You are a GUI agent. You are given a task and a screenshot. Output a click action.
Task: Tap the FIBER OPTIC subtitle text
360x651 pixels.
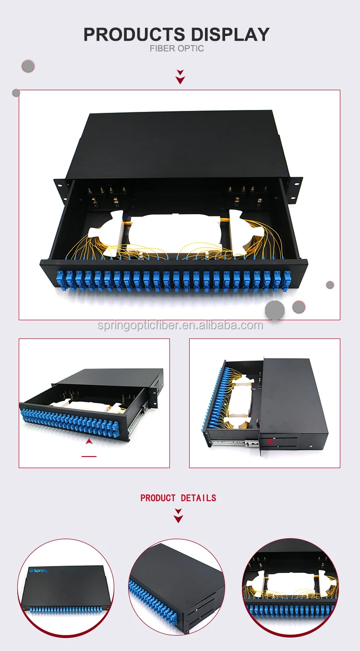(177, 48)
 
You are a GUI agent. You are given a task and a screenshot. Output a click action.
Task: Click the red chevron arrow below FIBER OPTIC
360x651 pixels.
(180, 77)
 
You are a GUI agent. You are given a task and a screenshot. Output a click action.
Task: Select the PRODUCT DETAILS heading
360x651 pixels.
(178, 498)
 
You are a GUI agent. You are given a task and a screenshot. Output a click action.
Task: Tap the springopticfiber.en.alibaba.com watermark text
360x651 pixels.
(180, 325)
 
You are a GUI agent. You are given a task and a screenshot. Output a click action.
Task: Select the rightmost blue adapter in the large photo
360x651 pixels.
(287, 278)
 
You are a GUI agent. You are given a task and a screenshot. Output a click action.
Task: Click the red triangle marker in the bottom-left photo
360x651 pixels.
(89, 441)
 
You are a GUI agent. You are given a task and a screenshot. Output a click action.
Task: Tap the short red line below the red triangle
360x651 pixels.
(89, 456)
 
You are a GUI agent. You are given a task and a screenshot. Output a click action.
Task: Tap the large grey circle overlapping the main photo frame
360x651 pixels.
(275, 310)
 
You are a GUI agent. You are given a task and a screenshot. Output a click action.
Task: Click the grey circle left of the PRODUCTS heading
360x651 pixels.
(28, 66)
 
